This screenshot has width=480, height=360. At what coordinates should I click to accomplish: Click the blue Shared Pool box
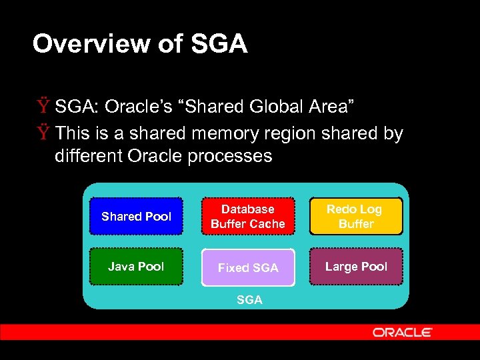[x=136, y=216]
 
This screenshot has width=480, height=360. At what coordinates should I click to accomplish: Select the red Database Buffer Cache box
[x=247, y=217]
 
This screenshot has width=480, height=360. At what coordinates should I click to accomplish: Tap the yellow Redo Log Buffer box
[x=356, y=216]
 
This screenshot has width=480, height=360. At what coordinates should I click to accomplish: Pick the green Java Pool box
[x=136, y=267]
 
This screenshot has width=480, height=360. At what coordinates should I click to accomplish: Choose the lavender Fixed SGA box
[x=247, y=267]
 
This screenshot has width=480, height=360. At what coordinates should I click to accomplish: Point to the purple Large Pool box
[x=356, y=267]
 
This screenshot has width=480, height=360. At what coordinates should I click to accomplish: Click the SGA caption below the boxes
[x=249, y=300]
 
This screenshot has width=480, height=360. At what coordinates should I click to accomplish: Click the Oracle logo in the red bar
[x=402, y=332]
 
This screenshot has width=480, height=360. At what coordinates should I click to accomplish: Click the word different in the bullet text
[x=85, y=157]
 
